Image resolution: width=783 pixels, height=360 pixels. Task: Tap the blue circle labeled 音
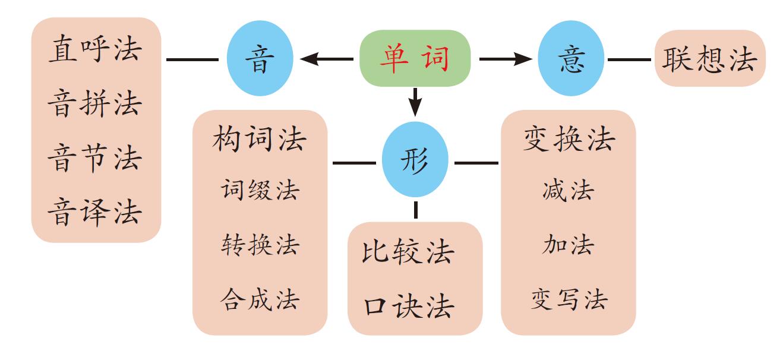[x=260, y=59]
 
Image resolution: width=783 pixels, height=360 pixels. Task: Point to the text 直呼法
[x=95, y=49]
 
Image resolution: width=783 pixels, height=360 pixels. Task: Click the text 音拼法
[x=95, y=103]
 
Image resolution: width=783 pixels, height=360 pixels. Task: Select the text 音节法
[x=95, y=158]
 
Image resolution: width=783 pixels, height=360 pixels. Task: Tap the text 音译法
[x=95, y=212]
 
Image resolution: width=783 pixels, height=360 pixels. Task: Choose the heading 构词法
[x=260, y=140]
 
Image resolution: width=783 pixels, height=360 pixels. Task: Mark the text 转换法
[x=260, y=244]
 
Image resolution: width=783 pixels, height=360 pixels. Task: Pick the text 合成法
[x=260, y=299]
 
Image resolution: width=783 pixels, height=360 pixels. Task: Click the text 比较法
[x=408, y=252]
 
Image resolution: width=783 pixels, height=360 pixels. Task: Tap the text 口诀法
[x=408, y=307]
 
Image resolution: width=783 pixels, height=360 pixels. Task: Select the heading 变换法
[x=569, y=140]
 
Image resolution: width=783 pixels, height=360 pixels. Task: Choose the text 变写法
[x=569, y=299]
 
